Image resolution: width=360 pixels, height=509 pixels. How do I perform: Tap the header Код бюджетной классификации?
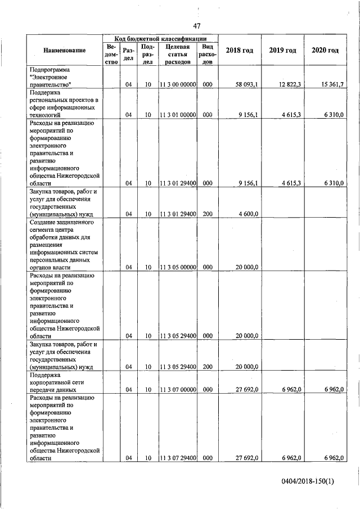click(159, 38)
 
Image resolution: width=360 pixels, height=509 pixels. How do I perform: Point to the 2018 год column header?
click(239, 51)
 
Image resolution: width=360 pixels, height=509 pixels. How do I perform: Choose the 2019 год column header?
click(282, 51)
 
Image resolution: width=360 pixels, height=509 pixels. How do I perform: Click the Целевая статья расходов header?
click(177, 54)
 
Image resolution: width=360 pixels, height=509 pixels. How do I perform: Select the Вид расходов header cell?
click(208, 54)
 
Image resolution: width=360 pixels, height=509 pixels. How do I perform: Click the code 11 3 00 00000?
click(178, 84)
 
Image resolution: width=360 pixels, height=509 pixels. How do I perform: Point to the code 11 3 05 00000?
click(178, 267)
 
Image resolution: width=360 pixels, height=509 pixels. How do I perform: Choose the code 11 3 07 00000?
click(178, 389)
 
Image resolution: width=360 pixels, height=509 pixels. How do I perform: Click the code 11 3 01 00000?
click(178, 114)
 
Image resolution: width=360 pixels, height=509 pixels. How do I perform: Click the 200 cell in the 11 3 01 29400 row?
click(208, 214)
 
